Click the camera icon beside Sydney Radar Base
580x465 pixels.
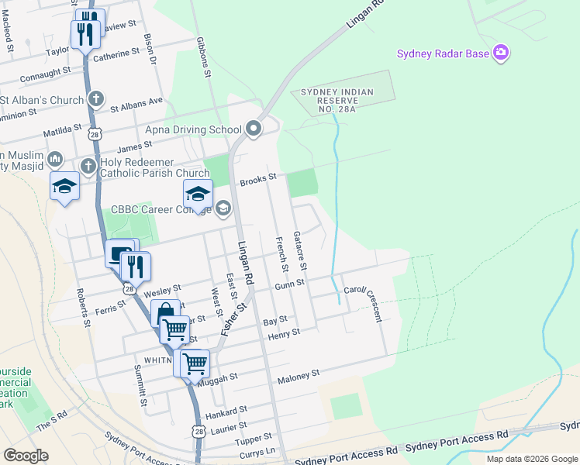click(x=501, y=53)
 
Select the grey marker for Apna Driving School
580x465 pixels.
click(x=254, y=129)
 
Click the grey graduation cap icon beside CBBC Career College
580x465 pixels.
click(x=223, y=207)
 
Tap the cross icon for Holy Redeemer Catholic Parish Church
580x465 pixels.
click(x=88, y=166)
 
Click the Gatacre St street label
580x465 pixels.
click(x=300, y=250)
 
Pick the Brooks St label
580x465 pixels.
click(x=258, y=179)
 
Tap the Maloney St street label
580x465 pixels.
click(x=299, y=375)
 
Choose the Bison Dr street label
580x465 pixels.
click(x=150, y=48)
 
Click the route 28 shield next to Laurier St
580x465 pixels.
click(x=199, y=431)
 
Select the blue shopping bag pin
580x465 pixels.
click(x=165, y=315)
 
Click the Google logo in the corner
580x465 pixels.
click(x=26, y=456)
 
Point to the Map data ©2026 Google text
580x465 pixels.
click(x=531, y=459)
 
